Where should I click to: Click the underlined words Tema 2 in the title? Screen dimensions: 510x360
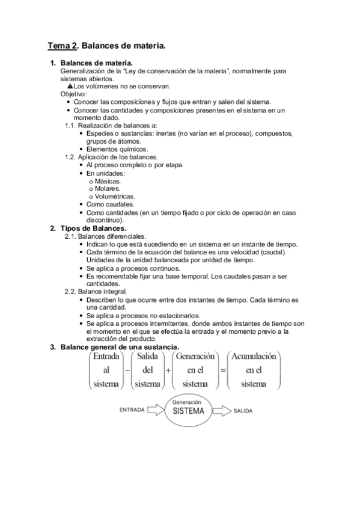(62, 45)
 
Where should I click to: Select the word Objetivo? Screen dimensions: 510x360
(73, 94)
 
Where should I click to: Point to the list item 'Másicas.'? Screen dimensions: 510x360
(108, 180)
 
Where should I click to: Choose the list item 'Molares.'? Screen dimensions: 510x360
(107, 188)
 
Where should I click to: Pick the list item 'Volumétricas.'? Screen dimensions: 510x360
(115, 196)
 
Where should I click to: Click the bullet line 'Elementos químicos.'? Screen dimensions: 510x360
(117, 149)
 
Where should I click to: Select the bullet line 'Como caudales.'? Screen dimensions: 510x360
(110, 204)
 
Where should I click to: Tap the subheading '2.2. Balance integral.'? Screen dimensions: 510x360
(95, 291)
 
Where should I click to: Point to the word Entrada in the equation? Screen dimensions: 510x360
(106, 356)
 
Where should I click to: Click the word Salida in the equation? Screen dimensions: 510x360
(147, 356)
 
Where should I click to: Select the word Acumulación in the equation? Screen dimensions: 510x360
(254, 356)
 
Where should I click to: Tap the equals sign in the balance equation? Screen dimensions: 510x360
(223, 370)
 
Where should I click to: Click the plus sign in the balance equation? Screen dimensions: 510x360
(168, 370)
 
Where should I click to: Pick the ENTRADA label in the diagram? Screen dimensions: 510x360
(132, 411)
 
